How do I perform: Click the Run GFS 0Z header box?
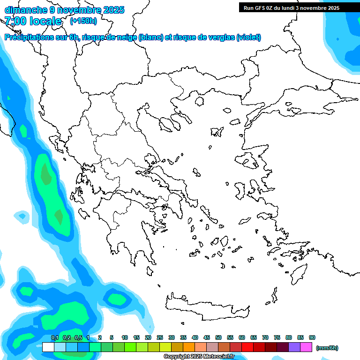click(x=289, y=7)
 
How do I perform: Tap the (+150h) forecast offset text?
click(x=83, y=21)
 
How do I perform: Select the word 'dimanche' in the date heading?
click(x=24, y=9)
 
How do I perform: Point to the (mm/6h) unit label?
click(x=327, y=348)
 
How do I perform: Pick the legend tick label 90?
click(x=312, y=337)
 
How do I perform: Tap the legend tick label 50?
click(x=218, y=337)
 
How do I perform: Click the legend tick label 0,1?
click(x=54, y=337)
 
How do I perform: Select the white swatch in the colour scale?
click(x=48, y=347)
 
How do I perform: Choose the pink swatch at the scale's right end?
click(x=306, y=347)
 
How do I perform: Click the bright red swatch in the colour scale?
click(x=247, y=347)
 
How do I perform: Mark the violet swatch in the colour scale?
click(x=294, y=347)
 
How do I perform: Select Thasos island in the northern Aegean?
click(x=199, y=101)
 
